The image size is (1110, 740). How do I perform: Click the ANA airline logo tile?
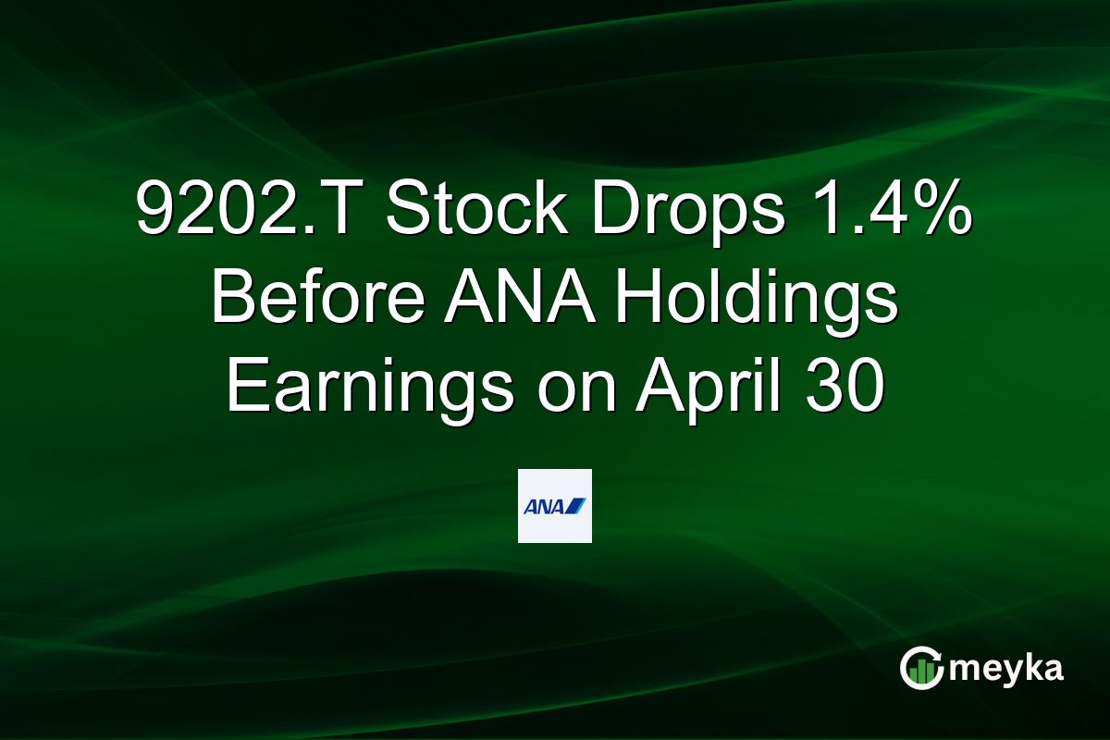pyautogui.click(x=554, y=505)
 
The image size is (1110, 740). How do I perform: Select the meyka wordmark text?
pyautogui.click(x=1007, y=669)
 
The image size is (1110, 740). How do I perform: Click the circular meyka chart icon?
pyautogui.click(x=921, y=668)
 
